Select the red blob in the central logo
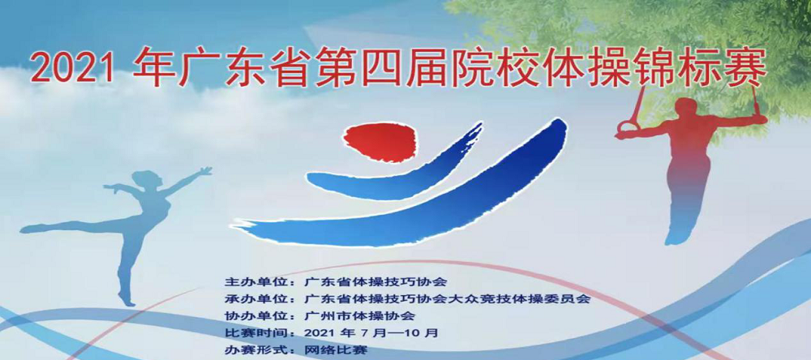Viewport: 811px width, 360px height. (380, 143)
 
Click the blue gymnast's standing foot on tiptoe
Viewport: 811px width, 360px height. (127, 299)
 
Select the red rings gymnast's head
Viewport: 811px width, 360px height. (686, 108)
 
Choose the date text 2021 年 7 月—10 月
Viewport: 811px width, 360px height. (371, 332)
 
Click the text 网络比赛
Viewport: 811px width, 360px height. (337, 350)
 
